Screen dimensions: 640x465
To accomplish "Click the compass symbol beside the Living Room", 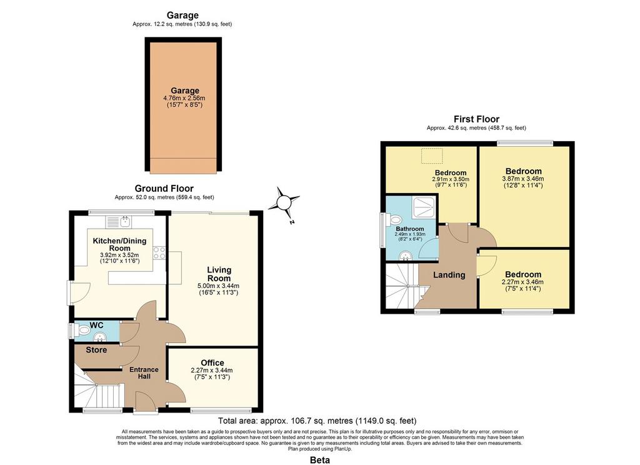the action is [284, 202].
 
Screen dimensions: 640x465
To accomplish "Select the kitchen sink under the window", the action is [118, 222].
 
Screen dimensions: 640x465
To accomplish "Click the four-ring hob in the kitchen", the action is [159, 252].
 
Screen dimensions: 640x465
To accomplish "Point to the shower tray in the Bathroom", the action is [424, 207].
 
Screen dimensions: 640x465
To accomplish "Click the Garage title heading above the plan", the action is [182, 15].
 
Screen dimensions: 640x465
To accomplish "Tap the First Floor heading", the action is [476, 119].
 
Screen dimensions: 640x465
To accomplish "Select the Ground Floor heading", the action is [164, 188].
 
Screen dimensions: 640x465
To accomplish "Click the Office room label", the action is [212, 362].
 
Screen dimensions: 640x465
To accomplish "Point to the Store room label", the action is [96, 350].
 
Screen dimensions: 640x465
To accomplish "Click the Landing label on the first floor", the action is [449, 275].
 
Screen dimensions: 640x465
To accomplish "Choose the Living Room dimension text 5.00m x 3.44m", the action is [218, 286].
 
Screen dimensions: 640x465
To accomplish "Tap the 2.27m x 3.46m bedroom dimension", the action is [523, 282].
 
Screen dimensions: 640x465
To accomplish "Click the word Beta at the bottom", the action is [320, 460].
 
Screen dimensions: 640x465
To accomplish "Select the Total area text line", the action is [317, 421].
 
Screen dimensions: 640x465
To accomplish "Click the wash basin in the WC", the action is [100, 337].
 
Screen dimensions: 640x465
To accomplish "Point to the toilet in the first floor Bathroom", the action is [395, 221].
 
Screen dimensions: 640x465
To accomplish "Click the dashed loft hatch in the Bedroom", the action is [432, 156].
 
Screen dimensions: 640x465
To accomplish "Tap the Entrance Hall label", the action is [144, 372].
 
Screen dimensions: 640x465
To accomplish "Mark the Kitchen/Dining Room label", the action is [119, 244].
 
